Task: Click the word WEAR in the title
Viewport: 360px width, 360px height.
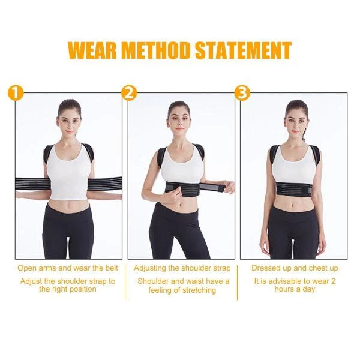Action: [x=92, y=50]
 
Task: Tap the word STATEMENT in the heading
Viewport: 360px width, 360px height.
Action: [x=244, y=50]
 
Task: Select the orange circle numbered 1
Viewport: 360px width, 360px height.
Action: [x=16, y=94]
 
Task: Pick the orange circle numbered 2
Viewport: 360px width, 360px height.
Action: [x=129, y=94]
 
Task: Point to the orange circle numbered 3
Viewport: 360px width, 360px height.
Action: [x=242, y=94]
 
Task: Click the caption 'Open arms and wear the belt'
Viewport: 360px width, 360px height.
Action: [x=68, y=268]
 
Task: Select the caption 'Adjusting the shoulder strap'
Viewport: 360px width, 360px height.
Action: [x=182, y=268]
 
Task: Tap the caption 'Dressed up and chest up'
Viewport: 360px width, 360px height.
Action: [x=295, y=268]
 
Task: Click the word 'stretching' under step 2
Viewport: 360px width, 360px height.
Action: [x=198, y=290]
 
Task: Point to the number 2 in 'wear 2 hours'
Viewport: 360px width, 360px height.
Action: [x=333, y=281]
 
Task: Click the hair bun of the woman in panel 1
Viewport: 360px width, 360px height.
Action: [x=69, y=104]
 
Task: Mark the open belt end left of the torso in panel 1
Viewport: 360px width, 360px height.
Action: [x=32, y=185]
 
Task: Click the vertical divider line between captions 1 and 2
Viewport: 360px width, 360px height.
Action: [x=125, y=282]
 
